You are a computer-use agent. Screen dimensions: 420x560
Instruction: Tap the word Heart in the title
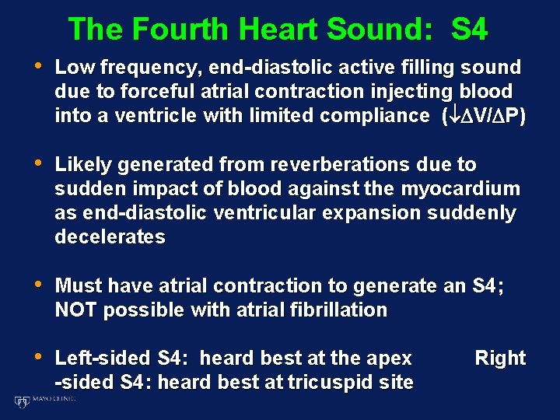278,30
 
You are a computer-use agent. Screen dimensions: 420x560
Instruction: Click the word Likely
82,165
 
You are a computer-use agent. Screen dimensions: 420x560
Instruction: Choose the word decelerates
110,237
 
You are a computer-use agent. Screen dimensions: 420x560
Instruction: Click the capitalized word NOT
76,310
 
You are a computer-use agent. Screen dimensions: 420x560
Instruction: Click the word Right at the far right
500,359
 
